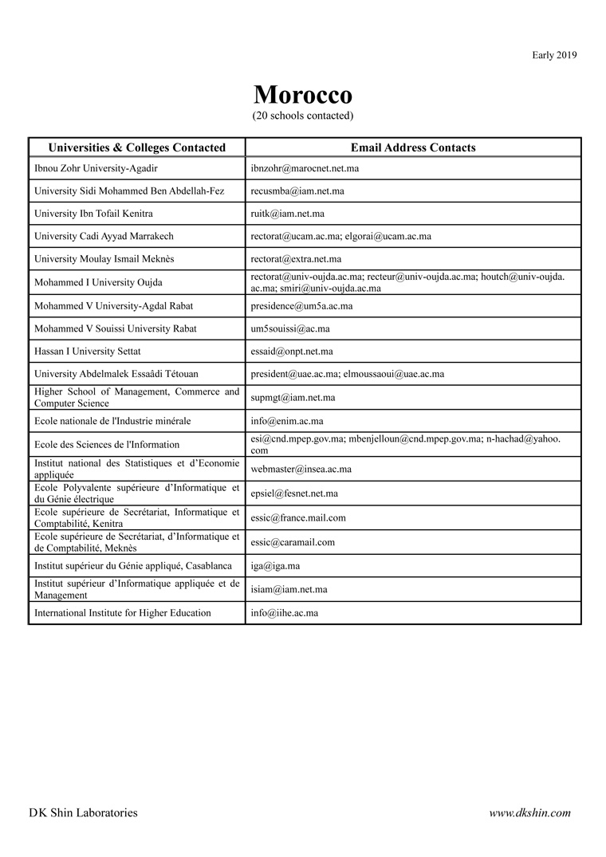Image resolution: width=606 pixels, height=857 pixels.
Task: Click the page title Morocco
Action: [x=302, y=96]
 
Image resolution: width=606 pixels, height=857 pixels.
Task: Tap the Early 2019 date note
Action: [x=554, y=55]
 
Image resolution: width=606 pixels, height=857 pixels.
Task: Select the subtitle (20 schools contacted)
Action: [x=302, y=116]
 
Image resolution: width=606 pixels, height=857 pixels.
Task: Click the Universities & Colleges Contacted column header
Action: [x=137, y=147]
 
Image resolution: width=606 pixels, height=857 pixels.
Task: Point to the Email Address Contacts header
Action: [x=413, y=147]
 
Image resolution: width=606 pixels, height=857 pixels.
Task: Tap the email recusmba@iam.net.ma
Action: [x=297, y=191]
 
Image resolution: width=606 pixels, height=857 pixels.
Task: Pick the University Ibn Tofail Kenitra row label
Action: [x=93, y=214]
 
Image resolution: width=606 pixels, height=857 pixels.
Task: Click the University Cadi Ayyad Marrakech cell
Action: [x=104, y=236]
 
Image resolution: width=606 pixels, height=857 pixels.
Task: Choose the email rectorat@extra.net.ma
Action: [x=296, y=258]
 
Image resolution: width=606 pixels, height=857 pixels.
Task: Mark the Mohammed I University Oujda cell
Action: [x=99, y=282]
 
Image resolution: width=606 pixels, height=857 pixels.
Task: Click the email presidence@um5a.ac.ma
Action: [x=301, y=306]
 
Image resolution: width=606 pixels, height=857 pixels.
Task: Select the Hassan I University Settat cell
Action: [x=88, y=351]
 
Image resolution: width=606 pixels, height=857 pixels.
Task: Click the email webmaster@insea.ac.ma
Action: [x=301, y=469]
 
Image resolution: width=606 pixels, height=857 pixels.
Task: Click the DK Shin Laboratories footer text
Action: [x=83, y=813]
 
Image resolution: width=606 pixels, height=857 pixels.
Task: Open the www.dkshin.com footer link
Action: [x=529, y=813]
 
